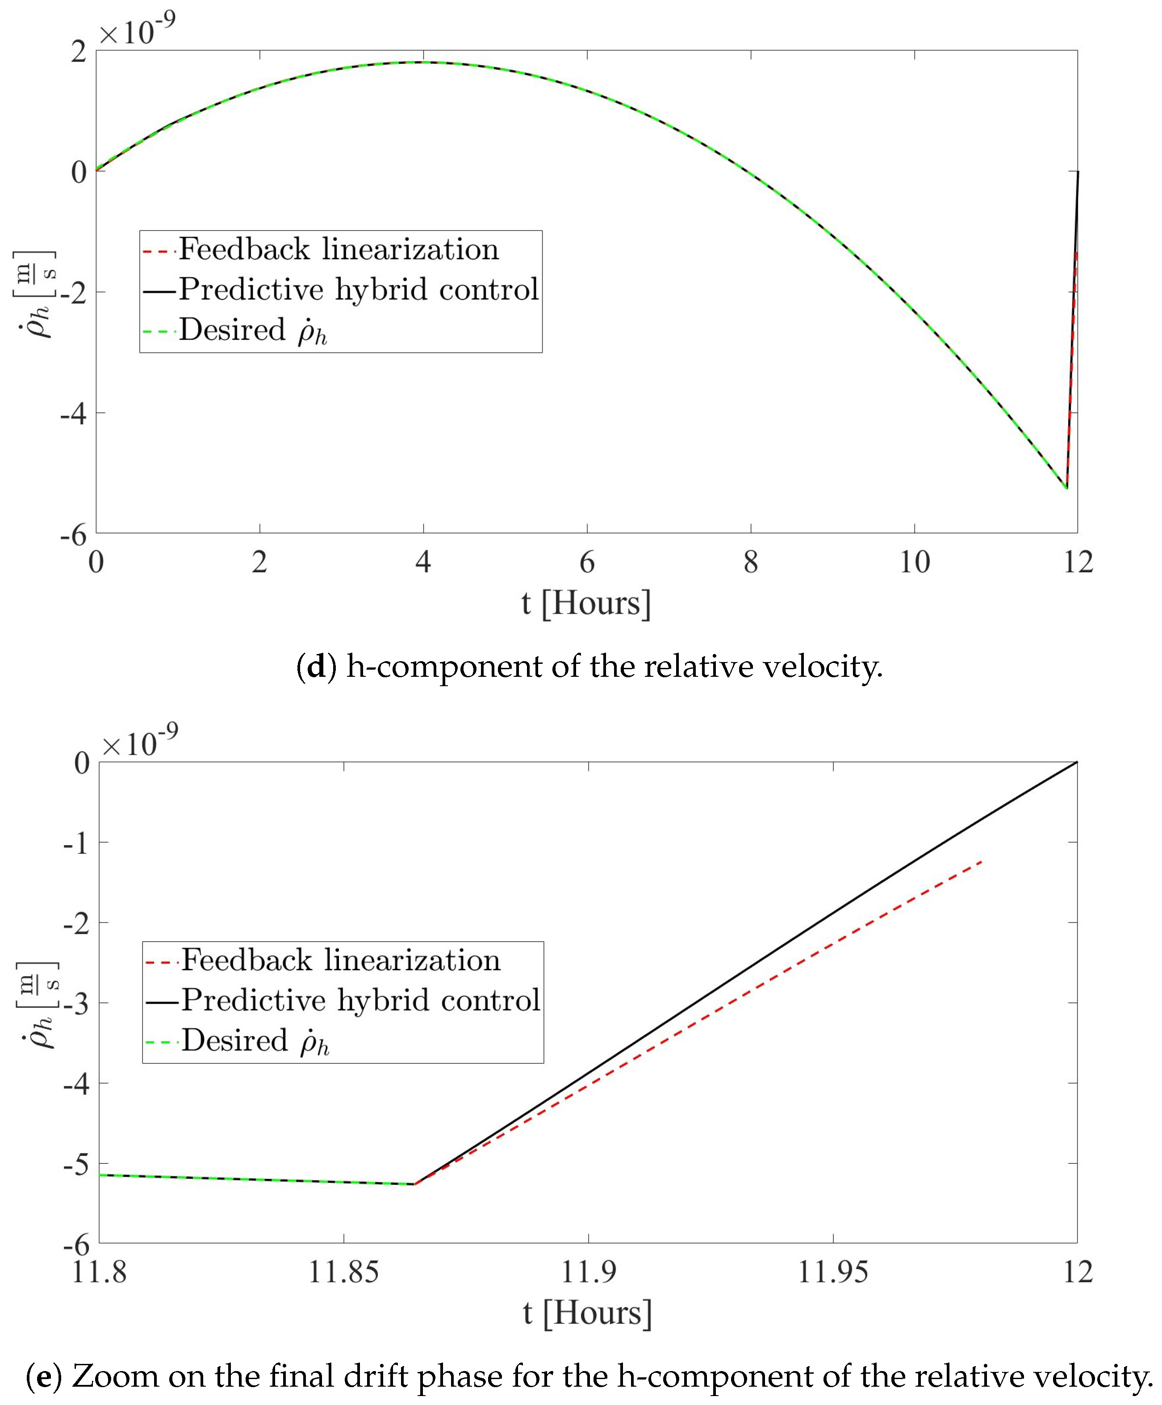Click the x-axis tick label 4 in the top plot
(x=423, y=562)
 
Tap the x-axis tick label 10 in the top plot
(x=914, y=562)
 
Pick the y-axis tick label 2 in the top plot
(x=79, y=51)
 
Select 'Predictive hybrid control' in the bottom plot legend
(x=360, y=1000)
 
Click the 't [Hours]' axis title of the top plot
(x=586, y=603)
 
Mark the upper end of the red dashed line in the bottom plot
(x=982, y=862)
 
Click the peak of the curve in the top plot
(x=423, y=62)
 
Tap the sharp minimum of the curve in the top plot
(x=1066, y=488)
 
